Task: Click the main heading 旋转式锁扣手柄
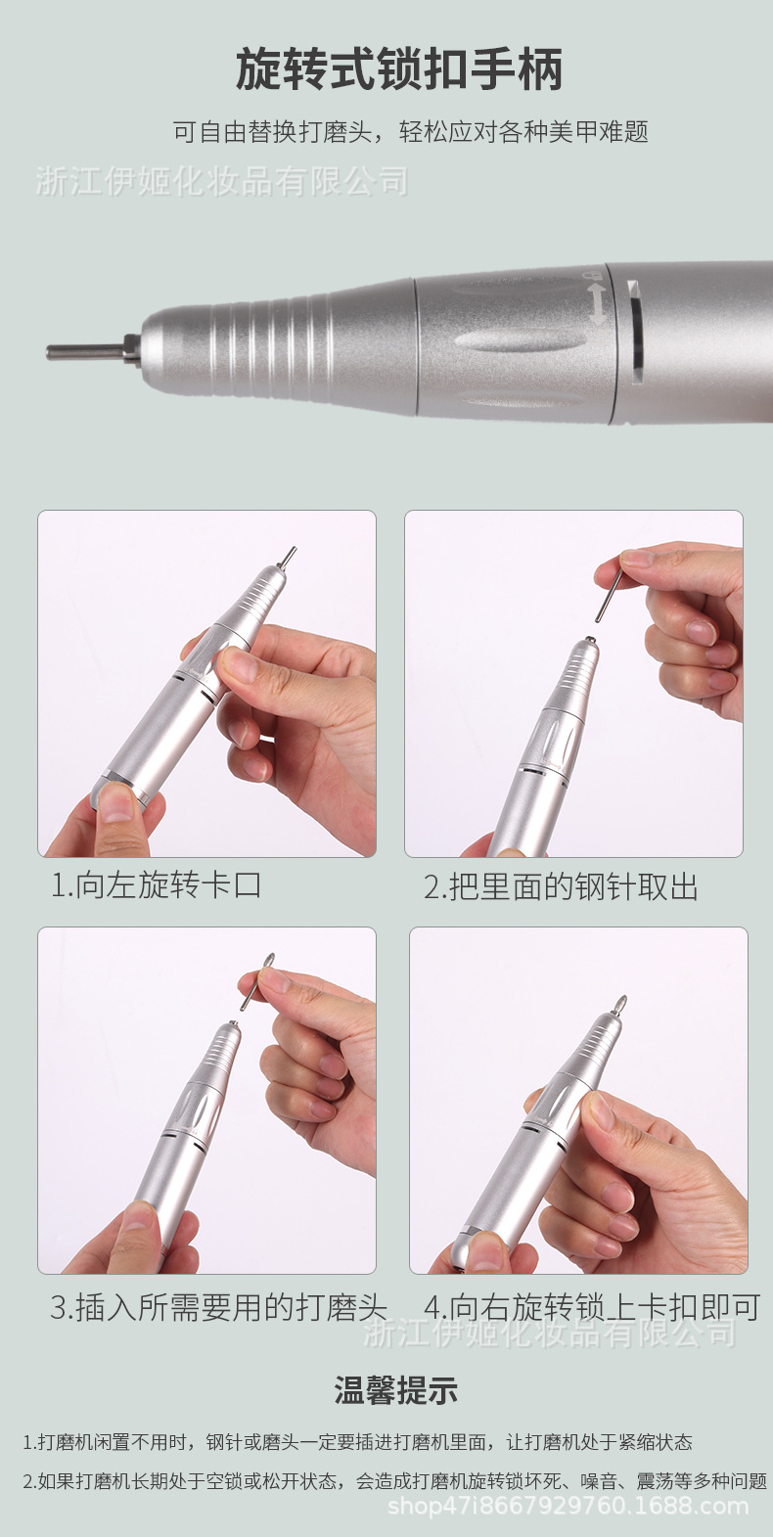tap(399, 69)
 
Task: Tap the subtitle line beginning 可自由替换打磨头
tap(411, 132)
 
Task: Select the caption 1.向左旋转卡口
tap(157, 884)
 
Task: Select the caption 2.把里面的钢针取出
tap(561, 886)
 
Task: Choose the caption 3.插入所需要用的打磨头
tap(218, 1308)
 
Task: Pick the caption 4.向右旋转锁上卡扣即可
tap(592, 1307)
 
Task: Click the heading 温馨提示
tap(396, 1391)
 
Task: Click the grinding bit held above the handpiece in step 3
tap(255, 980)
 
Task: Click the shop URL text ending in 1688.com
tap(568, 1507)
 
